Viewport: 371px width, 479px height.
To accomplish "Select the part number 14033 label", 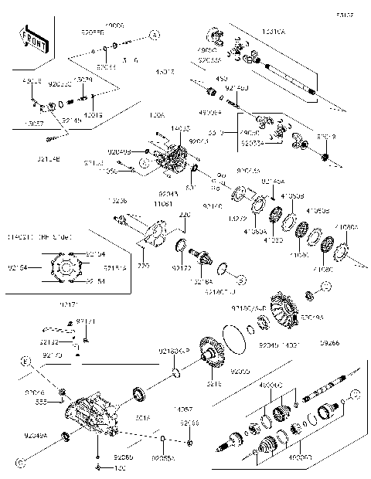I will [180, 128].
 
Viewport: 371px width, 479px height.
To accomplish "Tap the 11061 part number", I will [162, 202].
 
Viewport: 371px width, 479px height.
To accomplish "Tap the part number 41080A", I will [346, 228].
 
